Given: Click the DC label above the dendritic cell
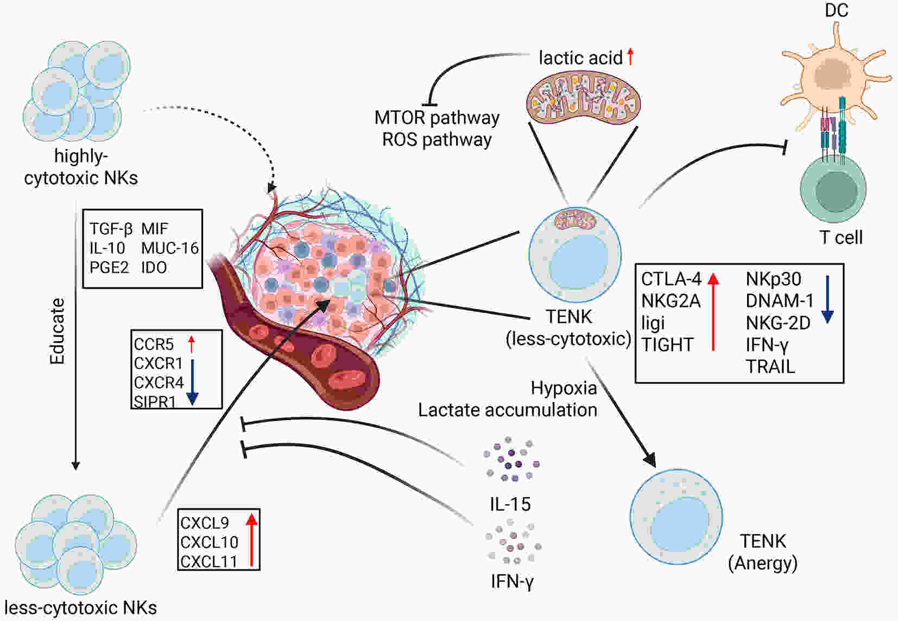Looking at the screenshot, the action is coord(836,10).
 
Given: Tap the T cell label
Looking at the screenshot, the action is coord(840,237).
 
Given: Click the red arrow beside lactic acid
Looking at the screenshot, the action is coord(630,57).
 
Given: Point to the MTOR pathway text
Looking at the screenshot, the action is coord(437,118).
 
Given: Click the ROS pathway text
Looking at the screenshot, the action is coord(437,140).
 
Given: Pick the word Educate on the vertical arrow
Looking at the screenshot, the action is coord(57,331).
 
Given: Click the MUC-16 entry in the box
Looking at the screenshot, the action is coord(170,248).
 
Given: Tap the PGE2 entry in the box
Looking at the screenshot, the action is coord(109,267).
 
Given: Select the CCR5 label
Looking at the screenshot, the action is coord(154,344).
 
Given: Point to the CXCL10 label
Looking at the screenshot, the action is coord(209,542).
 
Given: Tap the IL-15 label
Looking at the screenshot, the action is coord(510,504).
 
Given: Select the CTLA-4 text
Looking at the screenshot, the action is coord(671,279).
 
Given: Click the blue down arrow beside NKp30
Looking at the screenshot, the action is coord(828,299).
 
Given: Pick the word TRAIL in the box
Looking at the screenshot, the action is coord(770,367).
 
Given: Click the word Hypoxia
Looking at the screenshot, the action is coord(564,388).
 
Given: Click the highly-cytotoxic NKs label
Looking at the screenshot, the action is coord(81,167).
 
